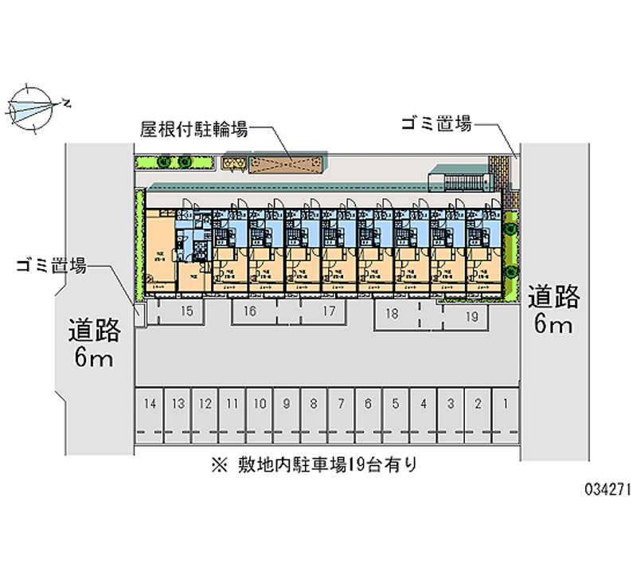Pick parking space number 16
tap(249, 311)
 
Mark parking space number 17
tap(328, 311)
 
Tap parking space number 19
tap(471, 315)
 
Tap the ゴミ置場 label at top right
tap(436, 124)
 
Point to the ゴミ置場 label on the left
tap(52, 267)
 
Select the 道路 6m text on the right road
tap(555, 309)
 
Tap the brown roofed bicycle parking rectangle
tap(284, 163)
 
